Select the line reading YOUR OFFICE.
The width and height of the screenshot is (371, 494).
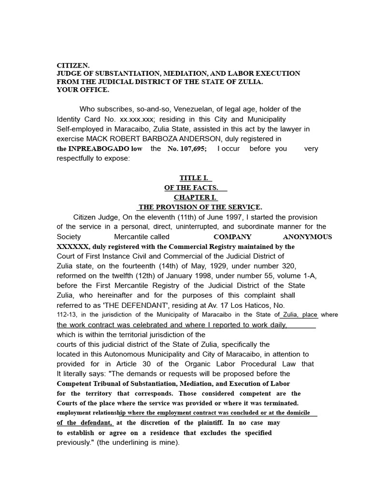[x=83, y=90]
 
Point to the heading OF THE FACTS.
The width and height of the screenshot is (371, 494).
[x=195, y=188]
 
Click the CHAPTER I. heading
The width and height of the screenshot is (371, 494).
[x=196, y=197]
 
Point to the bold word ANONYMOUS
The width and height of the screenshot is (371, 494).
[x=307, y=237]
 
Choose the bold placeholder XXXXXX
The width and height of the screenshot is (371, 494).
[x=73, y=247]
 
